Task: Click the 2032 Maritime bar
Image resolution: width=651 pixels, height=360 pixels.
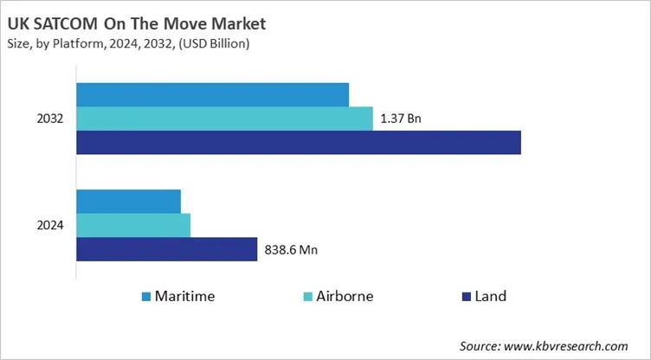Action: (213, 95)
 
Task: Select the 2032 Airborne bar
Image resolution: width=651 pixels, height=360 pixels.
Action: (225, 119)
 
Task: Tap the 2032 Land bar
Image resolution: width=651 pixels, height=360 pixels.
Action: (299, 142)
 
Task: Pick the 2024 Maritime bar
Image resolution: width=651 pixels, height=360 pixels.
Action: (129, 202)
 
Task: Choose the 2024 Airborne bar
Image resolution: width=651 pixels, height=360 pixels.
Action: (133, 225)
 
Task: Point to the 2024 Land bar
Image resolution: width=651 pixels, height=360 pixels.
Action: (167, 249)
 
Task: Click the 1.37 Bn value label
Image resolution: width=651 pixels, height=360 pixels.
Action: (401, 119)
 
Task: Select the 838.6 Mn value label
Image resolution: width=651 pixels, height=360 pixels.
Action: (290, 250)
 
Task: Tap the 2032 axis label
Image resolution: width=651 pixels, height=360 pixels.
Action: (50, 119)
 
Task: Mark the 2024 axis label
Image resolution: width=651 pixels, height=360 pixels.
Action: (50, 225)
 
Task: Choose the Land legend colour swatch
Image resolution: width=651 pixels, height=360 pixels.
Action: (467, 297)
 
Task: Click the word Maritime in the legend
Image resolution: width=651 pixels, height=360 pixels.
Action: (184, 296)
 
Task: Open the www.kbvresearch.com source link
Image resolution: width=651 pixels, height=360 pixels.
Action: (564, 345)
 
